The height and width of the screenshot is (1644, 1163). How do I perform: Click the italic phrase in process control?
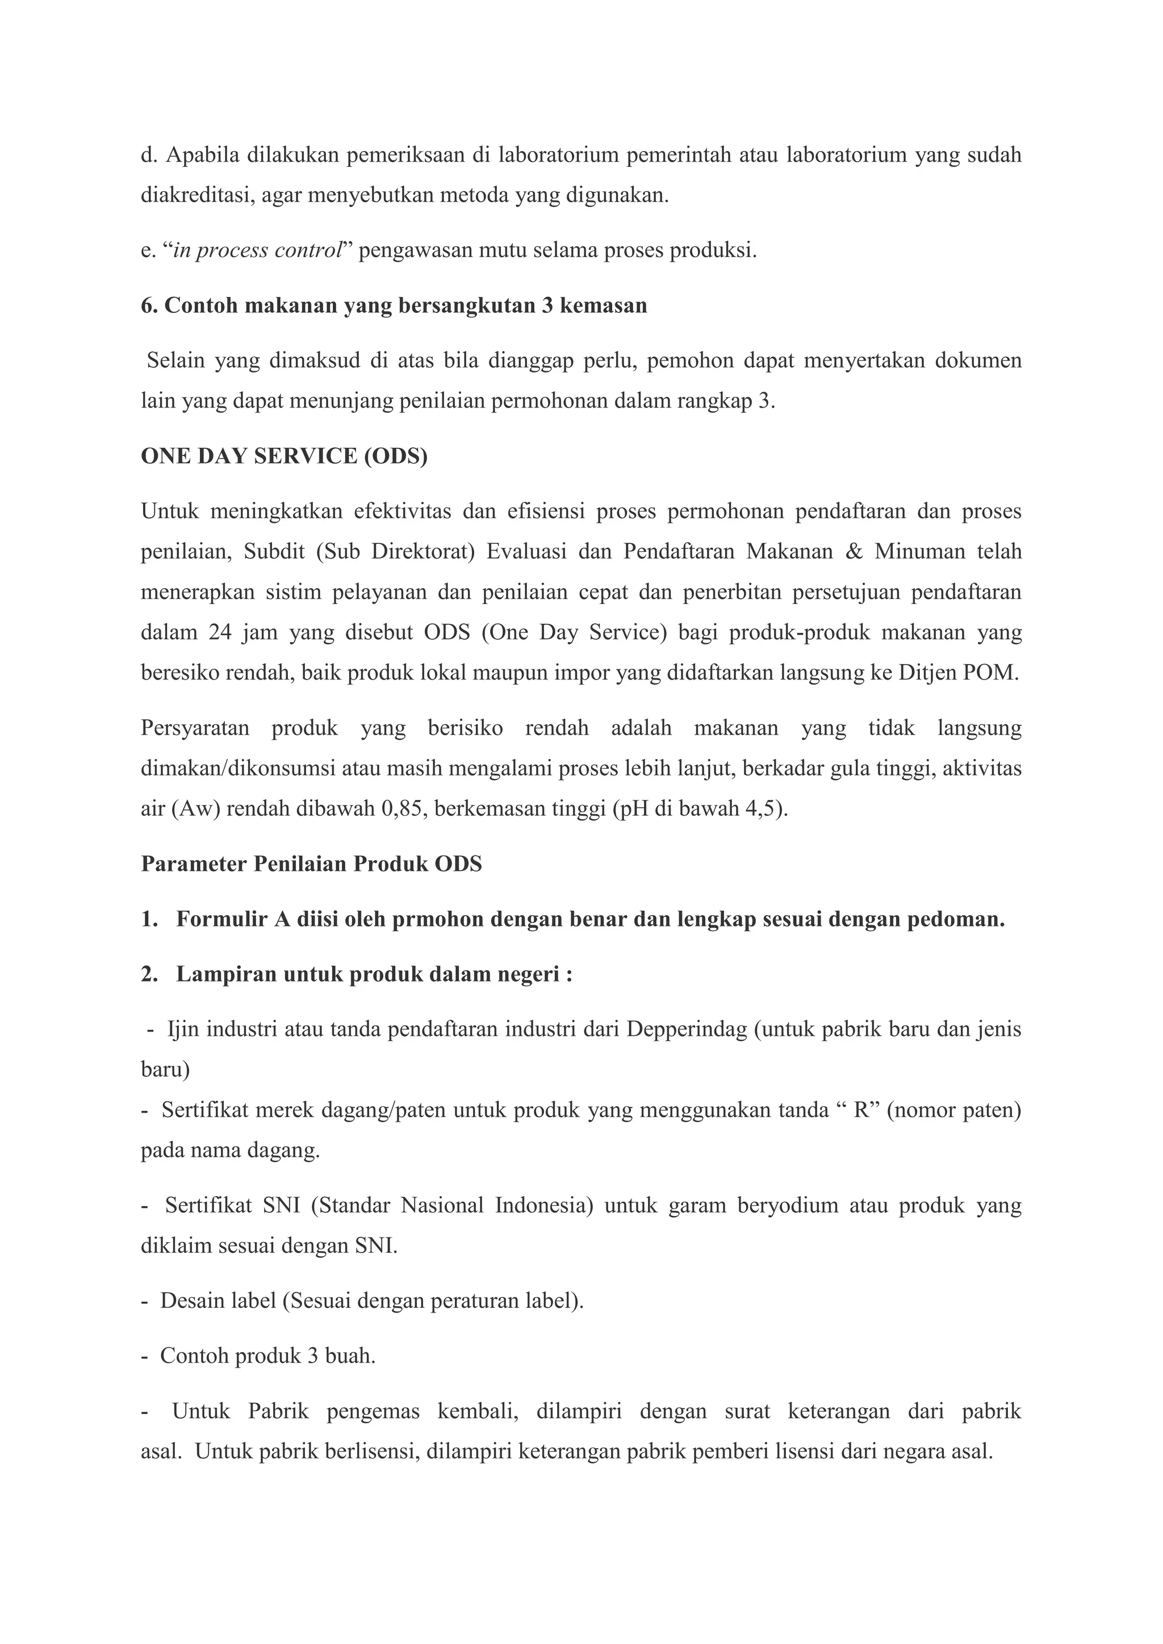point(258,250)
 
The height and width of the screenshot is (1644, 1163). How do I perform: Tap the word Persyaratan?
point(195,728)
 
